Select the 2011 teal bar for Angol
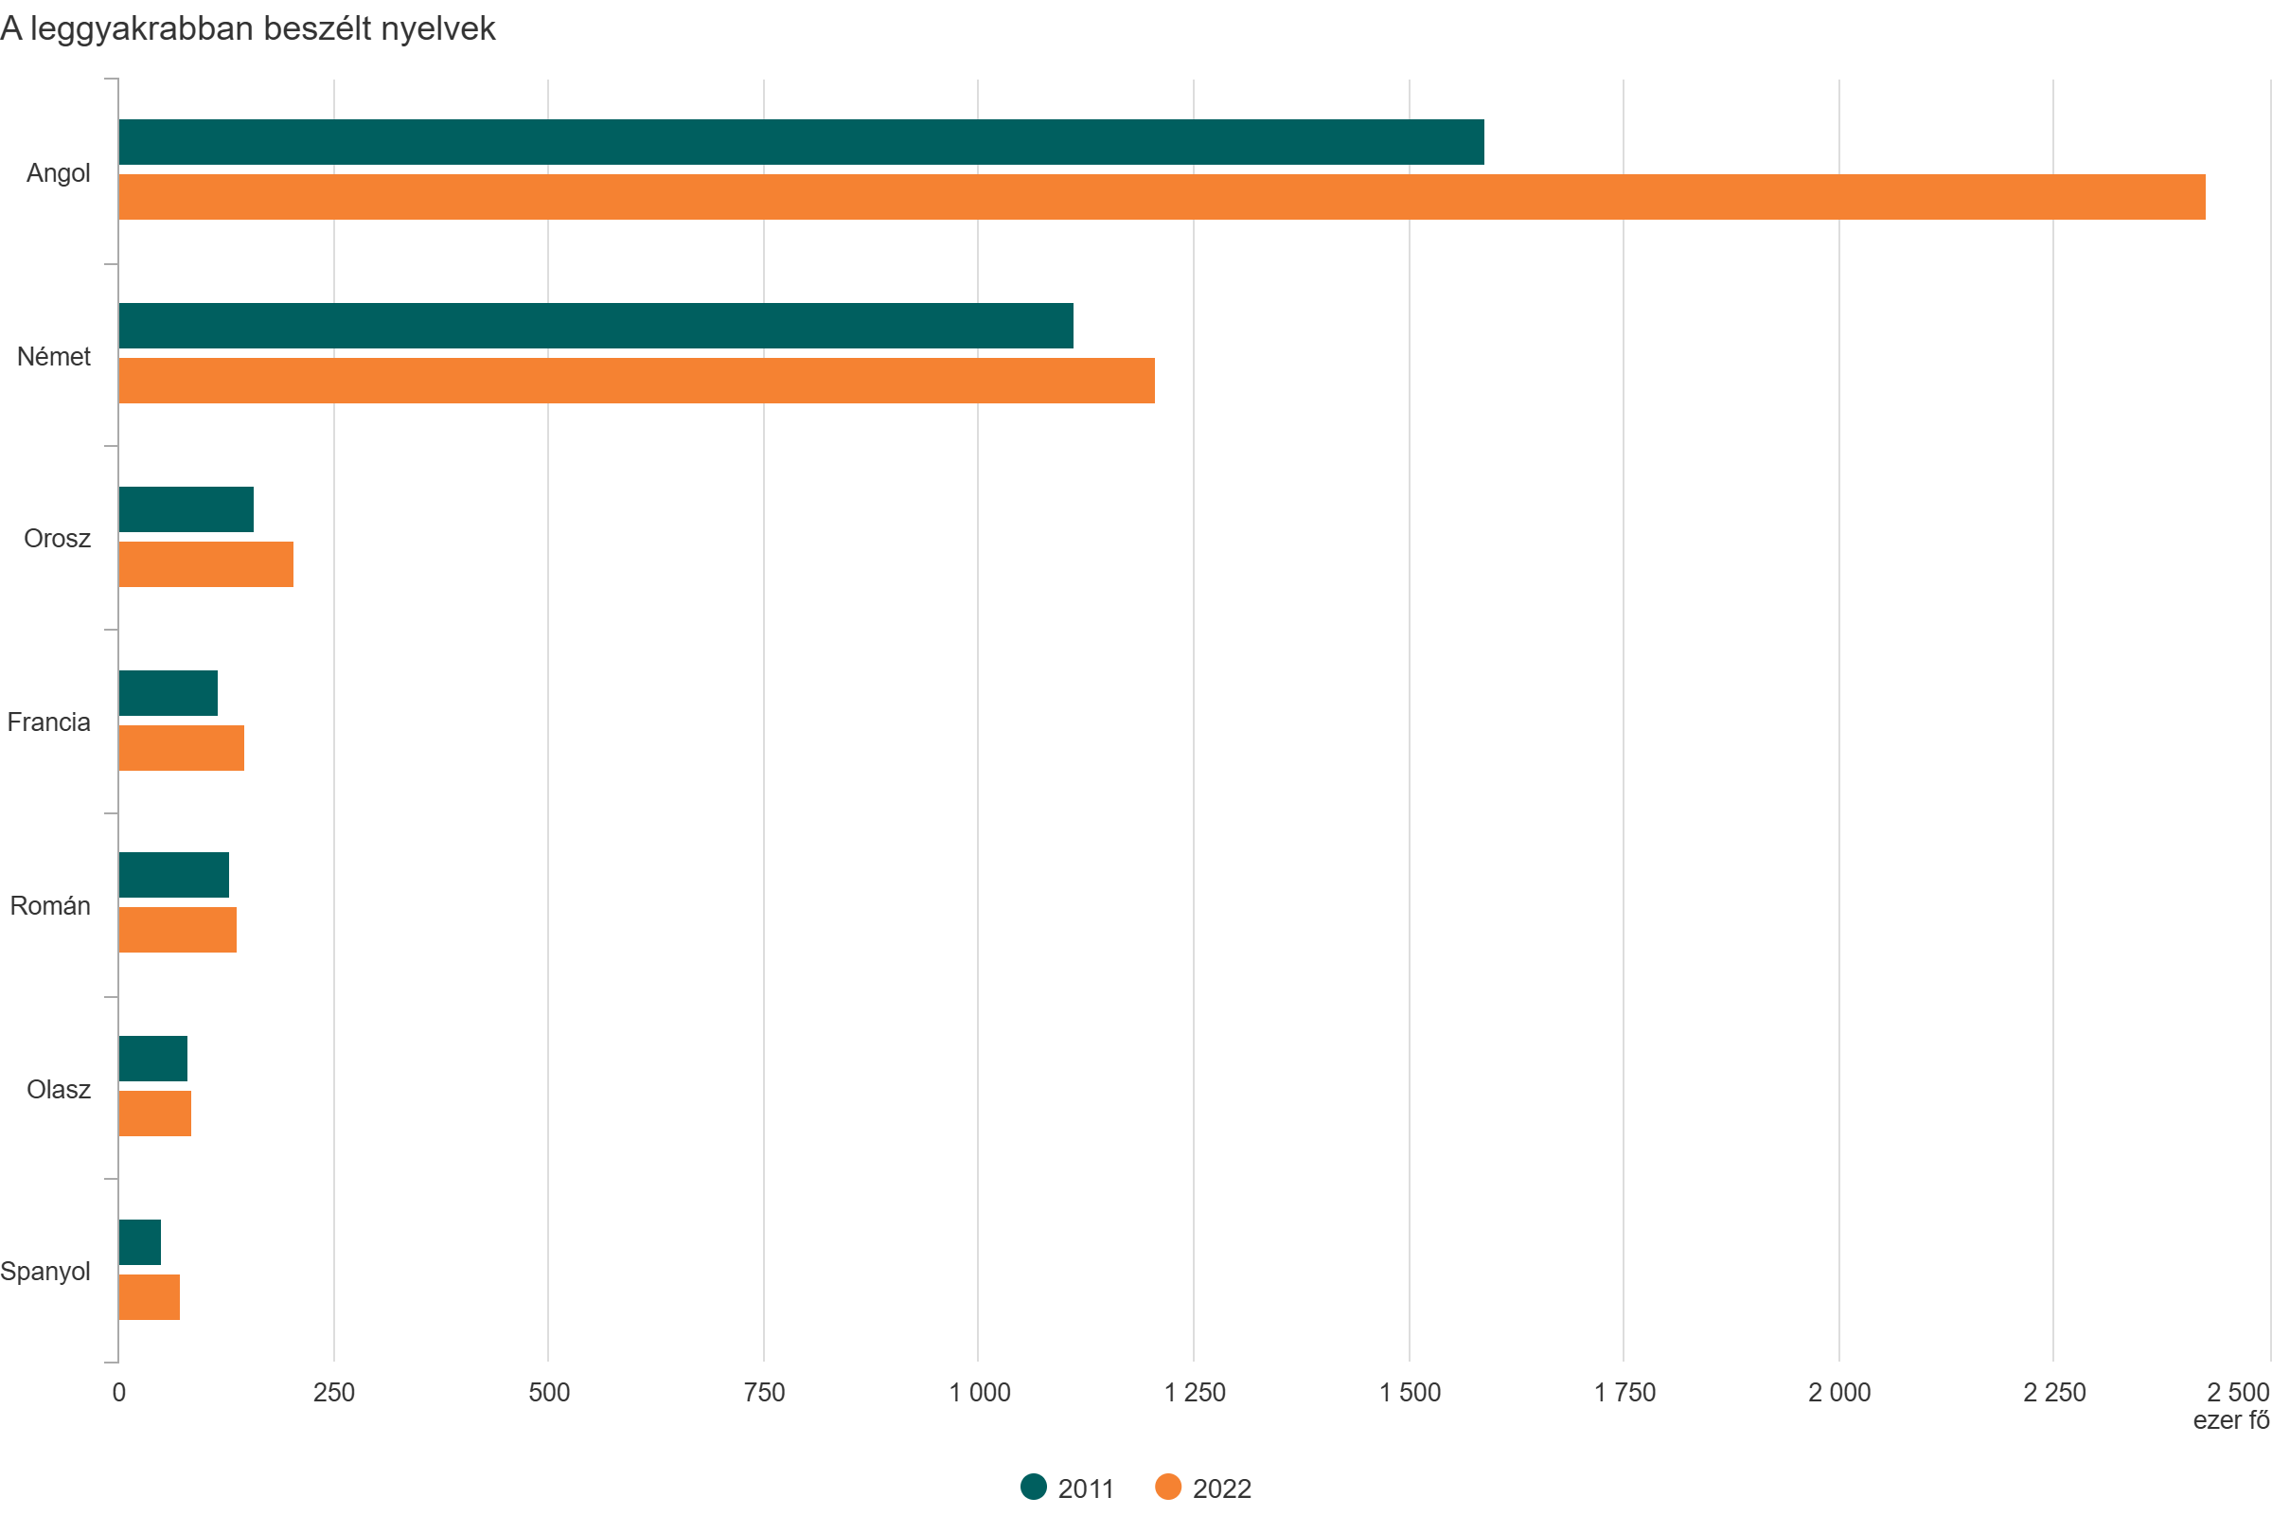click(801, 142)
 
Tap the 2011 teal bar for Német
click(595, 326)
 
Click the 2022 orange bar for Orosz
click(205, 564)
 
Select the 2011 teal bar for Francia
click(169, 693)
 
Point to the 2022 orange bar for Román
click(178, 930)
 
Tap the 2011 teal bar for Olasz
click(152, 1059)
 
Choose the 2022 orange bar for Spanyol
click(149, 1296)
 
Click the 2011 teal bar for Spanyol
click(140, 1242)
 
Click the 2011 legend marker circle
click(1034, 1487)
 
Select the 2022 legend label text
click(1222, 1488)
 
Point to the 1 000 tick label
click(980, 1392)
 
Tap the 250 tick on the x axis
click(334, 1392)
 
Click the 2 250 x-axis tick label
click(2054, 1392)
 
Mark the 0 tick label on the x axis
click(119, 1392)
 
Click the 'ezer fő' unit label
click(2230, 1420)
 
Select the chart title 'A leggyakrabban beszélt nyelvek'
click(248, 29)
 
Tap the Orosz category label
click(57, 538)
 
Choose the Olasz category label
click(58, 1089)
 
